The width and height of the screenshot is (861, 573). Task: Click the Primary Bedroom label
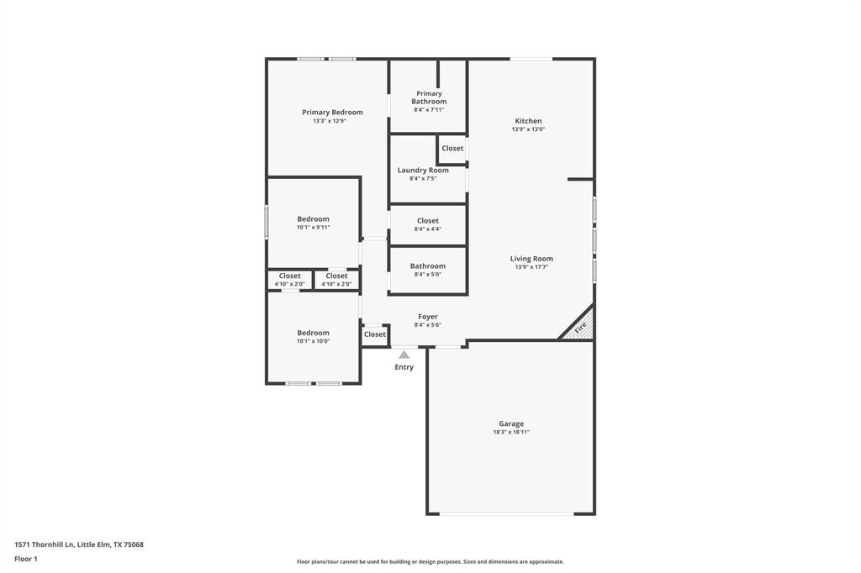(x=332, y=113)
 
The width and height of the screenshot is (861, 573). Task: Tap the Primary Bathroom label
(x=428, y=97)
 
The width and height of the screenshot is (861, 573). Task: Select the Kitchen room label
(x=528, y=121)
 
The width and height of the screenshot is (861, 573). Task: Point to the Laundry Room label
(x=423, y=170)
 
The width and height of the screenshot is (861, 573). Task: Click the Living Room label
(x=531, y=259)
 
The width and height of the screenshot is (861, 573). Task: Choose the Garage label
(x=510, y=424)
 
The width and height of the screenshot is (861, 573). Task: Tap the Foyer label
(x=427, y=317)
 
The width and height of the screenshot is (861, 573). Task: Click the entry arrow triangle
(x=404, y=355)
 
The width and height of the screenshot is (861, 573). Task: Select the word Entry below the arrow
(x=404, y=367)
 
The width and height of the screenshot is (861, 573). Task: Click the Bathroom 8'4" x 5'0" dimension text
(x=427, y=274)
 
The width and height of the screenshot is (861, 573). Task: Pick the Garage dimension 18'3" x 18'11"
(x=510, y=433)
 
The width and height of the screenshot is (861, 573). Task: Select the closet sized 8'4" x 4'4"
(x=427, y=224)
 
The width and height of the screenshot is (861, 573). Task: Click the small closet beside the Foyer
(x=375, y=334)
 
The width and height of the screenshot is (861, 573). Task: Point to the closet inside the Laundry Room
(x=452, y=149)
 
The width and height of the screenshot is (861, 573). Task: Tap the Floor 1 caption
(x=26, y=559)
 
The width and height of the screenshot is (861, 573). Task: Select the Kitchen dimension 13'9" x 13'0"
(x=528, y=129)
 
